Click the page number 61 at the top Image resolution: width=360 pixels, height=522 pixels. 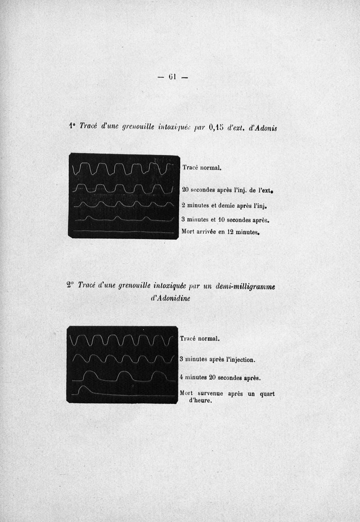tap(173, 76)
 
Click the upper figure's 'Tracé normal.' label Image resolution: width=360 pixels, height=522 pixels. tap(201, 168)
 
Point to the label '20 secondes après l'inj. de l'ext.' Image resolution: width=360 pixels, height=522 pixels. tap(228, 190)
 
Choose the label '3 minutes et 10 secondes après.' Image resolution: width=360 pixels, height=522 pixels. tap(225, 220)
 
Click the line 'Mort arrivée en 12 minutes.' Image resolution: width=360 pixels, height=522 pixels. tap(221, 232)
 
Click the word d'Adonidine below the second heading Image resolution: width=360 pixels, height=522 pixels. tap(167, 298)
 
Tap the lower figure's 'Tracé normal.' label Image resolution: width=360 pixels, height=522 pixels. tap(199, 339)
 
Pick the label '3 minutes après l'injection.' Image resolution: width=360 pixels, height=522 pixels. tap(217, 359)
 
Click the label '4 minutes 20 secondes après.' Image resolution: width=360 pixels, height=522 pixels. tap(220, 378)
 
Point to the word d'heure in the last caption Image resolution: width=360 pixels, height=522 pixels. tap(200, 401)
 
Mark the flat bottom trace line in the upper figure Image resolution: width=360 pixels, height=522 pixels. tap(121, 232)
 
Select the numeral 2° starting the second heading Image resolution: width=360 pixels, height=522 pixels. tap(70, 285)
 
